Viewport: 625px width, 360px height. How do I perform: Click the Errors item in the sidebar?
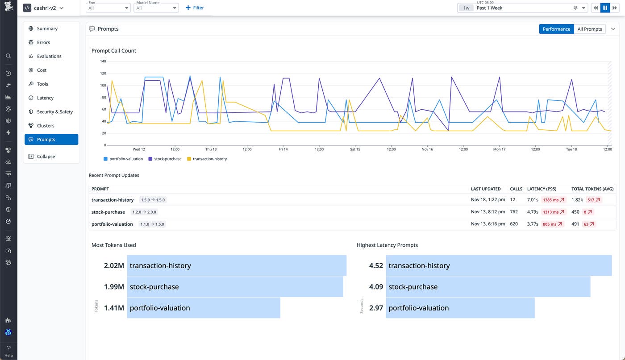[43, 42]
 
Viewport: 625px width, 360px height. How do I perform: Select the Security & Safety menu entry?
[54, 112]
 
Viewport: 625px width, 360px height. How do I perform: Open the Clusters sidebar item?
[46, 126]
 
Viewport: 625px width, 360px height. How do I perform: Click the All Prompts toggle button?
[589, 29]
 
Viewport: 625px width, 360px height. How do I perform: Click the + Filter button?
[195, 8]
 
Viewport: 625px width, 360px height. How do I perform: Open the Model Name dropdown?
[156, 8]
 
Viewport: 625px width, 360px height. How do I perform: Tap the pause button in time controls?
[605, 8]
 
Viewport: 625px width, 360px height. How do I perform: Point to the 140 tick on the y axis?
[103, 61]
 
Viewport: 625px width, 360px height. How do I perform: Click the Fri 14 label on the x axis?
[283, 149]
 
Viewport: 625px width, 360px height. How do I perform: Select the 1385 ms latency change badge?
[553, 200]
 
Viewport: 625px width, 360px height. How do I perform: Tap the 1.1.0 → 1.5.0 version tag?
[152, 224]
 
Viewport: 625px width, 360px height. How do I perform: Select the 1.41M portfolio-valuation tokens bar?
[204, 308]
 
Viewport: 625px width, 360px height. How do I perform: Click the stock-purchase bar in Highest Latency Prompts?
[488, 287]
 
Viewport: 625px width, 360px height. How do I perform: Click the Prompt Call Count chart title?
[114, 51]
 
